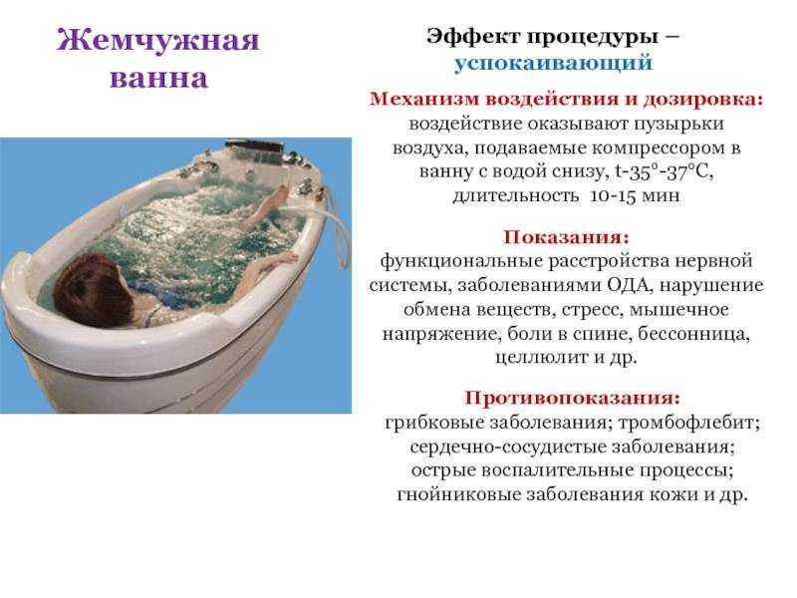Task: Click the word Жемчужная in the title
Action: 158,40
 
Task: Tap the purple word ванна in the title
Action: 159,79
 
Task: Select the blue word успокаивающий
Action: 553,63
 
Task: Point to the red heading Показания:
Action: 566,237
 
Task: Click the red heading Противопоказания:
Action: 572,397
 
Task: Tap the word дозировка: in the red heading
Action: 703,99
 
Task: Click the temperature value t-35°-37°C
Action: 664,171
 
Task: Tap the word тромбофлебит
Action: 688,423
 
